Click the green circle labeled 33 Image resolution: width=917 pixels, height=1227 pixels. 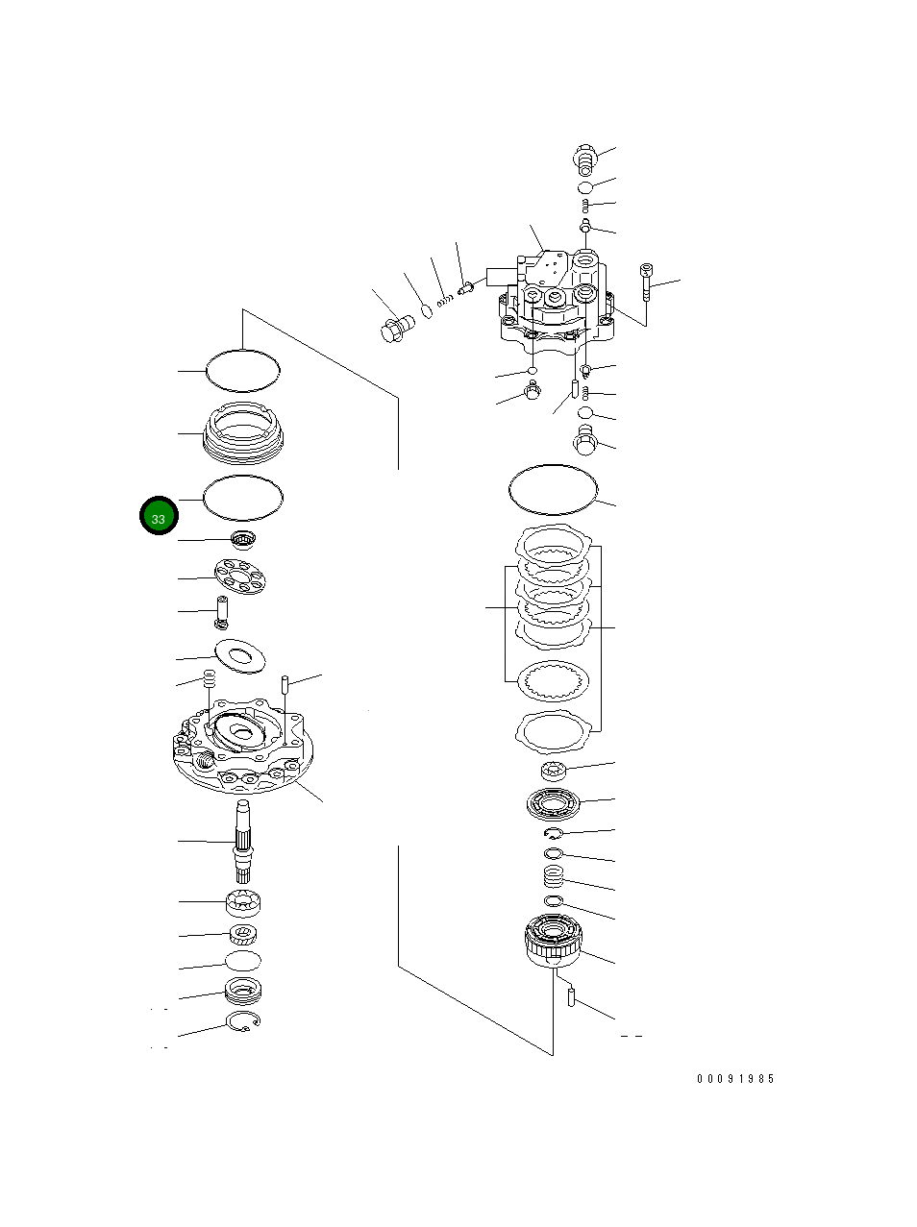pyautogui.click(x=158, y=517)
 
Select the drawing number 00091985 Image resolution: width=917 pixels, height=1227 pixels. pyautogui.click(x=735, y=1079)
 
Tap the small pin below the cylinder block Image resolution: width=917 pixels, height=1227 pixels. pyautogui.click(x=571, y=998)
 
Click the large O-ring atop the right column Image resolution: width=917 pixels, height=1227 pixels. pyautogui.click(x=553, y=488)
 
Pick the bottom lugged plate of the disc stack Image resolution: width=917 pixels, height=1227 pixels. pyautogui.click(x=553, y=733)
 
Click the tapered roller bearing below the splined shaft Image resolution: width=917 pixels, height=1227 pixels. pyautogui.click(x=243, y=903)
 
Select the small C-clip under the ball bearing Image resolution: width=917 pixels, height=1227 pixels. pyautogui.click(x=554, y=833)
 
